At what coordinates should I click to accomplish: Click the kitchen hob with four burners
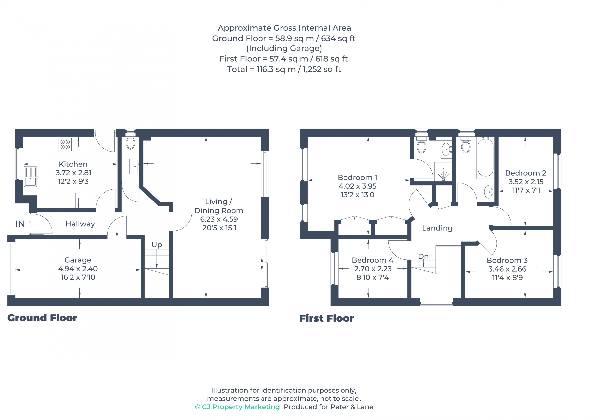65,144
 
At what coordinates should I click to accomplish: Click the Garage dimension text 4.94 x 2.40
78,269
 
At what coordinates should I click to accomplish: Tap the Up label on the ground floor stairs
157,245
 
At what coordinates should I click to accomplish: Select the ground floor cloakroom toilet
130,143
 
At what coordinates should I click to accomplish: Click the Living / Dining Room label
219,206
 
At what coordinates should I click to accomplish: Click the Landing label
437,228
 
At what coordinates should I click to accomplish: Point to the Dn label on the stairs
423,256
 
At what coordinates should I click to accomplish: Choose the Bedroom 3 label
507,260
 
